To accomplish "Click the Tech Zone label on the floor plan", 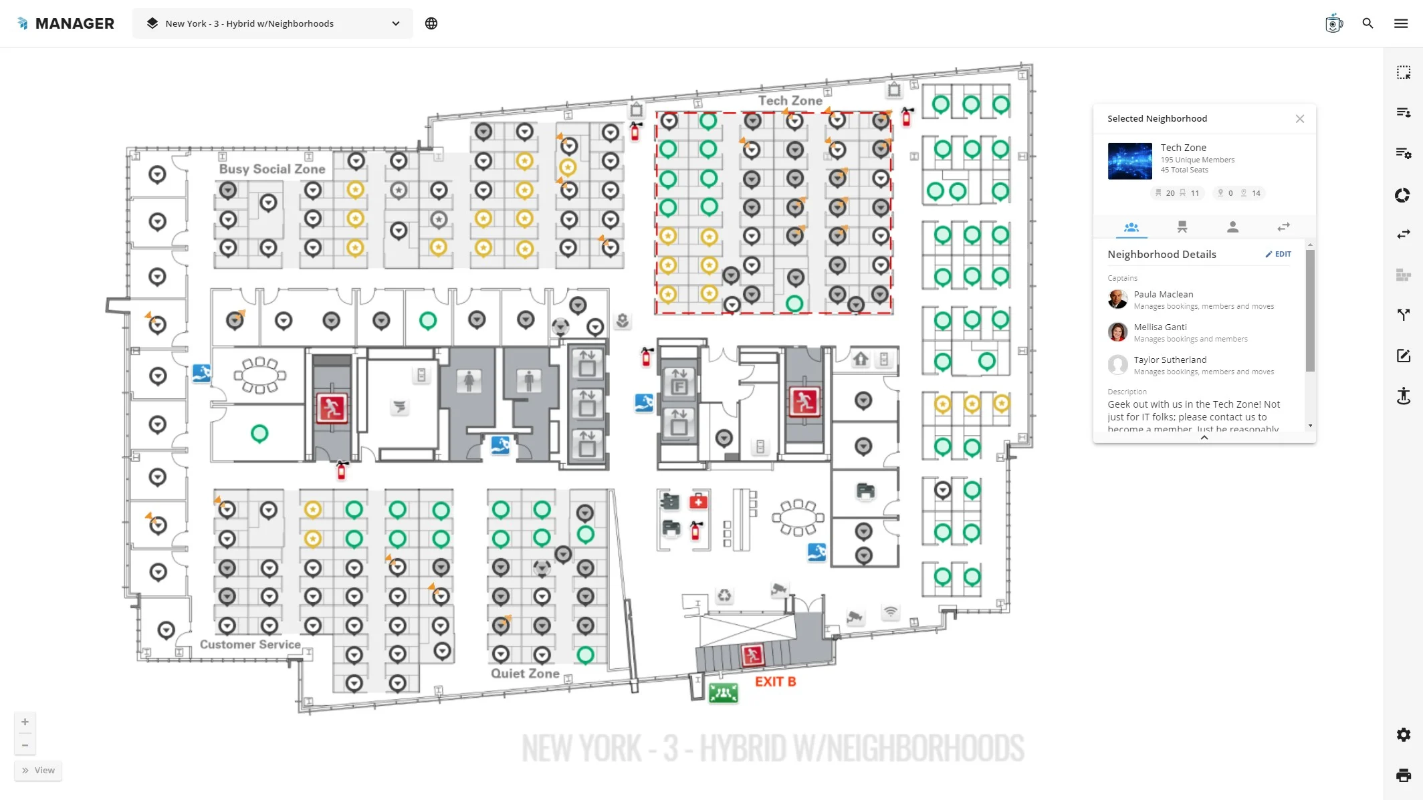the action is (790, 100).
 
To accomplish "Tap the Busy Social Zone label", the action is (272, 169).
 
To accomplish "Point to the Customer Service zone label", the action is (250, 644).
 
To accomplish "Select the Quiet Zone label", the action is (525, 673).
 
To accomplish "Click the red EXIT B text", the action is (775, 682).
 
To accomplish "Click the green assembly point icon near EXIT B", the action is (723, 693).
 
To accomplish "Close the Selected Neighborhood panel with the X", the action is (1299, 119).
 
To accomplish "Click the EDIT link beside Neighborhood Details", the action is (1278, 254).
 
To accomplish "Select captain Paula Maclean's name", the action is (1163, 294).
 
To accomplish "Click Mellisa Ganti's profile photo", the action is (1117, 332).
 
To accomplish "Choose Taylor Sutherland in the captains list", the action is (1170, 360).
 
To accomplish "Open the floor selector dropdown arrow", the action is (396, 23).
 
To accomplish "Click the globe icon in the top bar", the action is (431, 23).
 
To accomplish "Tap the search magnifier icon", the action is (1367, 23).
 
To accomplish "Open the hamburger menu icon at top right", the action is (1401, 23).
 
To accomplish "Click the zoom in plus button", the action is (25, 722).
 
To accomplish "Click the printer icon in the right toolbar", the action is (1403, 775).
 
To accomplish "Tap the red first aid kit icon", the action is (698, 501).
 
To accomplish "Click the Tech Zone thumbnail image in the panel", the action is (1129, 161).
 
